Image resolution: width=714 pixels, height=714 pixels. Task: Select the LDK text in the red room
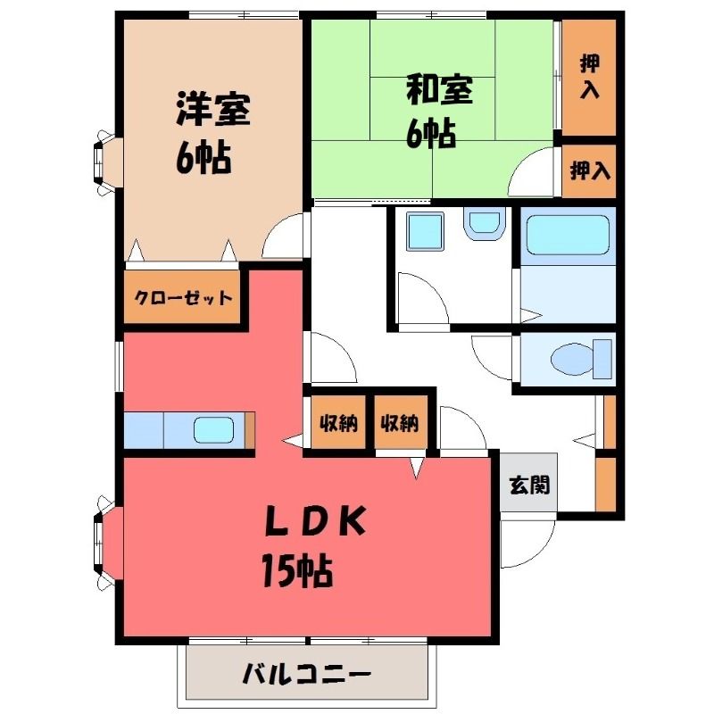coord(315,521)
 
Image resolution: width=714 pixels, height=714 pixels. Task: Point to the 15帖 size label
coord(297,570)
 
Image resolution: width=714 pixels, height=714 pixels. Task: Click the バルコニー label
coord(306,674)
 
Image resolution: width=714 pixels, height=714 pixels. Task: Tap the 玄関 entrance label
coord(529,485)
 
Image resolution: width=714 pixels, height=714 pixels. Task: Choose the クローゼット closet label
coord(183,298)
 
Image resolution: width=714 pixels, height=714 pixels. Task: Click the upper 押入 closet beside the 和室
coord(589,78)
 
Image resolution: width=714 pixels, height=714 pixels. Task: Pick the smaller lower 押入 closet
coord(589,170)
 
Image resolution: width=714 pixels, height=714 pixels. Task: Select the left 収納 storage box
coord(338,423)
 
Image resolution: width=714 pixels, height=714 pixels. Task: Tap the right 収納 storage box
coord(401,423)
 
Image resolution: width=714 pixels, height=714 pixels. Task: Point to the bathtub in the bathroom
coord(568,236)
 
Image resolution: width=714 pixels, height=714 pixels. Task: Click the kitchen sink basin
coord(213,430)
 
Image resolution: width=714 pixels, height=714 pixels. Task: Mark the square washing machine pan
coord(425,231)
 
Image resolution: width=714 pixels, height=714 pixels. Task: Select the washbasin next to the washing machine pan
coord(484,224)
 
